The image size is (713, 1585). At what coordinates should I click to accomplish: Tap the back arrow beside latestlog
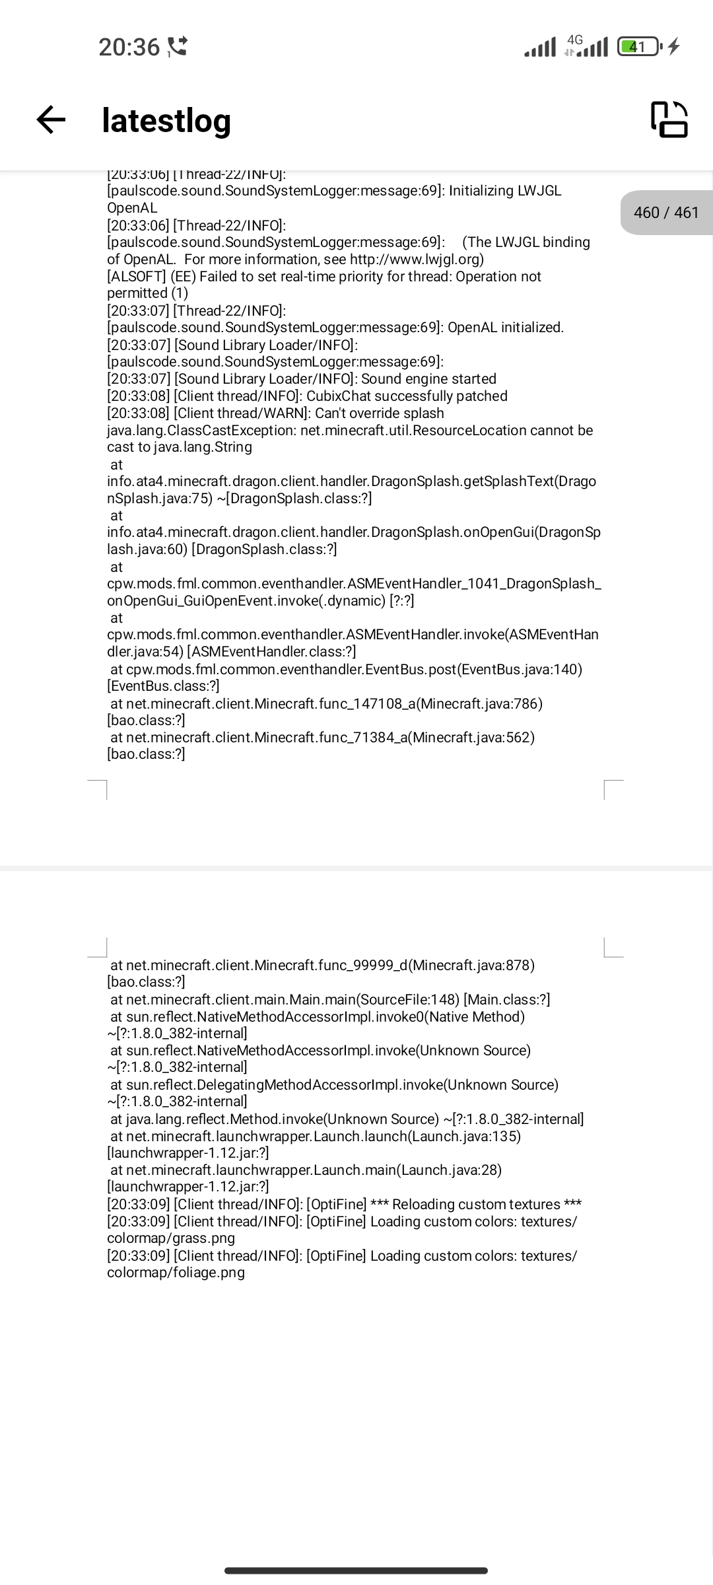coord(51,120)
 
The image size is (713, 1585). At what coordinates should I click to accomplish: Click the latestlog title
coord(166,120)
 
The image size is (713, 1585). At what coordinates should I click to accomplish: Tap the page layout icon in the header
coord(669,120)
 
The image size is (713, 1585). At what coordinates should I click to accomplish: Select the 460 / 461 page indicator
coord(665,213)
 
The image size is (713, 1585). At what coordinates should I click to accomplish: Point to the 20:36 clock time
coord(129,47)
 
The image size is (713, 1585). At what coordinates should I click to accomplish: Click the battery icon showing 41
coord(638,47)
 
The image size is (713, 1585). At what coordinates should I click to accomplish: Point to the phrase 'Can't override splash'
coord(380,413)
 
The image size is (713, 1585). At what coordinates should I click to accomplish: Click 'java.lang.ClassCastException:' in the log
coord(201,431)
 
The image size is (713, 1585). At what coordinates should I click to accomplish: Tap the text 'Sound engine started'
coord(428,379)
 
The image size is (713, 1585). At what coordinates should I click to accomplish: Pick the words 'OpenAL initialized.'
coord(506,328)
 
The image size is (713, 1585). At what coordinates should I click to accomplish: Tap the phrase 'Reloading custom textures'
coord(476,1205)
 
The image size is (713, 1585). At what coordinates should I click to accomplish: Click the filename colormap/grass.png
coord(171,1238)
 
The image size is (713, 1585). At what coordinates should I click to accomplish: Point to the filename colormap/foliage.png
coord(176,1273)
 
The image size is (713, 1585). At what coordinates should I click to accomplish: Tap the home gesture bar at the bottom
coord(356,1570)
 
